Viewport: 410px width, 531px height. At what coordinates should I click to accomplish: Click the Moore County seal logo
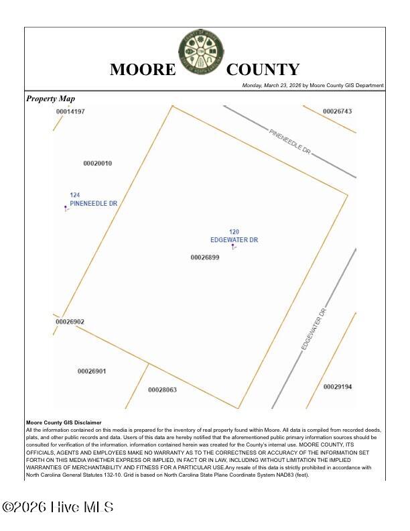click(x=201, y=52)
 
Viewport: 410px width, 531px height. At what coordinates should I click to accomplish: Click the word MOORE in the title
click(x=142, y=70)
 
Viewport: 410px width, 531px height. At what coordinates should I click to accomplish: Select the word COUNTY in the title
click(x=263, y=70)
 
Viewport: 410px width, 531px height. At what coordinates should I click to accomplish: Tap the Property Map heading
click(x=51, y=99)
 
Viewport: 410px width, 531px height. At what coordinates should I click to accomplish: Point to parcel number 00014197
click(x=70, y=111)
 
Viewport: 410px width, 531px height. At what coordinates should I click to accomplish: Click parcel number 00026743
click(x=337, y=111)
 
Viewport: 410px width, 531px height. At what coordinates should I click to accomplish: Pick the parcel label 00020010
click(x=97, y=164)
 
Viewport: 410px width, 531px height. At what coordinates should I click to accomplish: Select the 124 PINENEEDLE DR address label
click(x=93, y=199)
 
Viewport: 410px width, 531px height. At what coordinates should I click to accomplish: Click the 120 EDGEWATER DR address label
click(x=234, y=236)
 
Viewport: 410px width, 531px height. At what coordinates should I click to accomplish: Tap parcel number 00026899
click(x=204, y=257)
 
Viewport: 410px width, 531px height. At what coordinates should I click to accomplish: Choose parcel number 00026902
click(x=70, y=322)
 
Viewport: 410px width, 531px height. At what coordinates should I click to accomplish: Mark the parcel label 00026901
click(x=91, y=371)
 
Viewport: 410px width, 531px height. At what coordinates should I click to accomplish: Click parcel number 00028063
click(x=162, y=390)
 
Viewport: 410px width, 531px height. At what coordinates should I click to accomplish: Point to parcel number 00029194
click(x=338, y=387)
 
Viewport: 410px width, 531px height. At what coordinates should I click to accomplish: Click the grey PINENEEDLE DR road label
click(x=290, y=142)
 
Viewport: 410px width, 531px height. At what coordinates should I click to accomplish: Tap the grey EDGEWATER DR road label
click(x=313, y=329)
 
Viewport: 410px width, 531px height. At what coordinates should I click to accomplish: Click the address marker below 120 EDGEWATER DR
click(x=233, y=247)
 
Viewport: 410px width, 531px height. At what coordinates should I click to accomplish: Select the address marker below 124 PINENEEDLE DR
click(x=66, y=209)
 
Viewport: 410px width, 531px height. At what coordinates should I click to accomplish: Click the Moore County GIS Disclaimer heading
click(x=64, y=422)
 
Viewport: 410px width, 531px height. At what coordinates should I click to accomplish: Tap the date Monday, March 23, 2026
click(x=271, y=86)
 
